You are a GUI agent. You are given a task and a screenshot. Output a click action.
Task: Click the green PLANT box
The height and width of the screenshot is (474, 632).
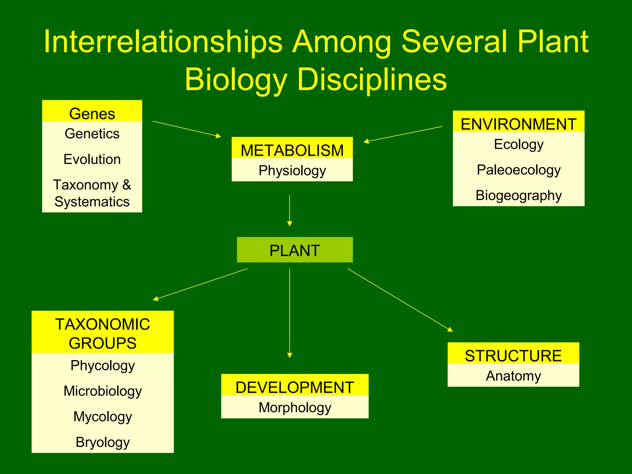[295, 250]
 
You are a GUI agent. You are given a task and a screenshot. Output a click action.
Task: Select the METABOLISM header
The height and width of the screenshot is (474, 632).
[292, 150]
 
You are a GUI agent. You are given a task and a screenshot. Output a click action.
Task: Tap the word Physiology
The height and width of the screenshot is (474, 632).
[292, 171]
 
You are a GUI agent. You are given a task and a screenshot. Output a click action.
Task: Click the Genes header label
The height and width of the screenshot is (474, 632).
[92, 114]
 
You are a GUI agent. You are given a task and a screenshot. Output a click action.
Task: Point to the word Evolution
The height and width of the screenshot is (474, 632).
[92, 159]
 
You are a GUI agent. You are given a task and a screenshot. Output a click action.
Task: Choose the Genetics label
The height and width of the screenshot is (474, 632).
[92, 134]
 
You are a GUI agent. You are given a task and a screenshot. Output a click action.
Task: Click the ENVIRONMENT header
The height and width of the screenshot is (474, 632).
[518, 124]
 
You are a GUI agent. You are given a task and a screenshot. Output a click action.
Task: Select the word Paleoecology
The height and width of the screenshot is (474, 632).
[518, 170]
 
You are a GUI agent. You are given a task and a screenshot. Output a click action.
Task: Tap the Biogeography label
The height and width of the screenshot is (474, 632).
[518, 195]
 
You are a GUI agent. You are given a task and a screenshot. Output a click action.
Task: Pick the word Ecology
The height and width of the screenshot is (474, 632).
[518, 144]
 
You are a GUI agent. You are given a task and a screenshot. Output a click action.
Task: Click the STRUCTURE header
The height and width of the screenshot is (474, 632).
[513, 355]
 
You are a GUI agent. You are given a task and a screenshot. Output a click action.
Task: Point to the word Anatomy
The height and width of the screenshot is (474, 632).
[513, 376]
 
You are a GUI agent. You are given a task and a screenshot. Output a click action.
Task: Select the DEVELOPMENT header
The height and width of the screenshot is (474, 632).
[295, 387]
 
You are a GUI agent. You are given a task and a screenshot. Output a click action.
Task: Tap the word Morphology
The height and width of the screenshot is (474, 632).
[295, 407]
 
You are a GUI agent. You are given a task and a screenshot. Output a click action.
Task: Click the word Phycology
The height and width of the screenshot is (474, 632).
[102, 365]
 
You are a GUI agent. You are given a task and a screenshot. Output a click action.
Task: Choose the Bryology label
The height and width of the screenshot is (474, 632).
[102, 442]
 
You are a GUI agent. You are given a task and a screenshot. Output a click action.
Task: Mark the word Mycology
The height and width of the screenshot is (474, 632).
[102, 417]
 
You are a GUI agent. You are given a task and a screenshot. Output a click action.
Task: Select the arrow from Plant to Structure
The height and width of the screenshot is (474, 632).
[400, 300]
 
